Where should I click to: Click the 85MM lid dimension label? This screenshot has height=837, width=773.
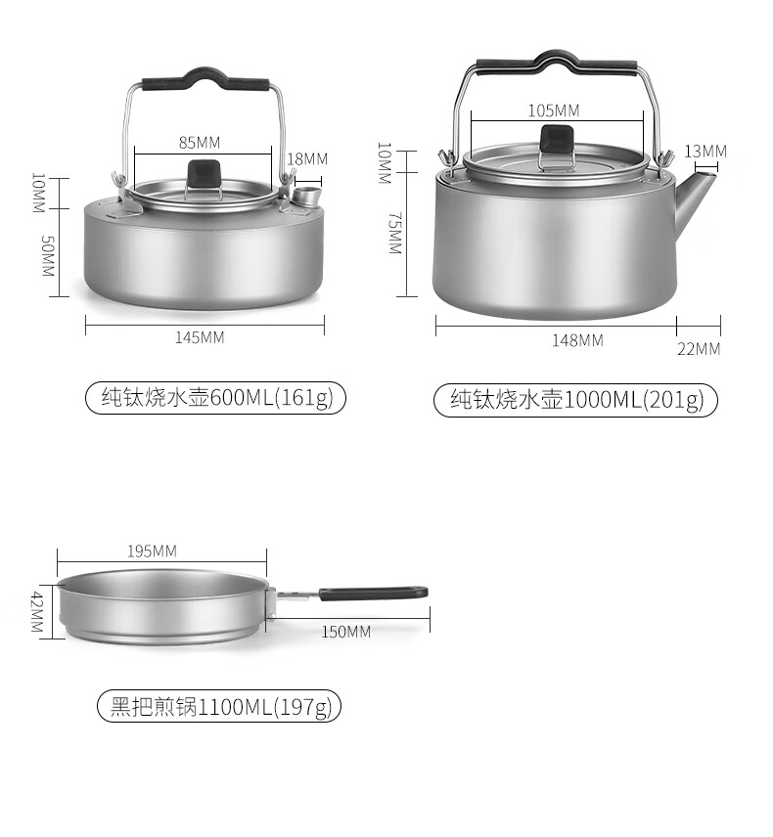200,143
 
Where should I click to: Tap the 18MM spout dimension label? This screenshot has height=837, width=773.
307,159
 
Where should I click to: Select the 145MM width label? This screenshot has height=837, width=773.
200,338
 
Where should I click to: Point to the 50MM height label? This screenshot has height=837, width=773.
48,256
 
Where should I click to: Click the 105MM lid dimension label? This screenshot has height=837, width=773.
554,110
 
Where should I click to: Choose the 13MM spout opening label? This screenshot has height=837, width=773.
705,152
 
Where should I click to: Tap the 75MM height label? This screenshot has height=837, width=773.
394,233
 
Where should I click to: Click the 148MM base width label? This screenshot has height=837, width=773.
577,340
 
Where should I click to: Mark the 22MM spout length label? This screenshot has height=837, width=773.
699,349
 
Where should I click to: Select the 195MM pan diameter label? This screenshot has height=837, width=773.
153,551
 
